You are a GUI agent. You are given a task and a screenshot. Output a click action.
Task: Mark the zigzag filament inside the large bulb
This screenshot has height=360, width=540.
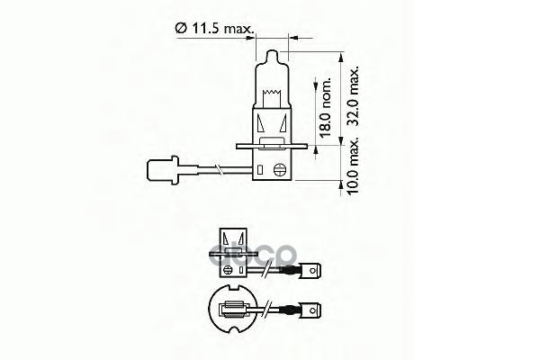pyautogui.click(x=269, y=90)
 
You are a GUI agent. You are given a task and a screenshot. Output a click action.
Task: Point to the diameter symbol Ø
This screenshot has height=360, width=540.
pyautogui.click(x=180, y=30)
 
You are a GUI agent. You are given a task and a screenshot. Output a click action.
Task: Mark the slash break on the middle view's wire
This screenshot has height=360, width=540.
pyautogui.click(x=269, y=267)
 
